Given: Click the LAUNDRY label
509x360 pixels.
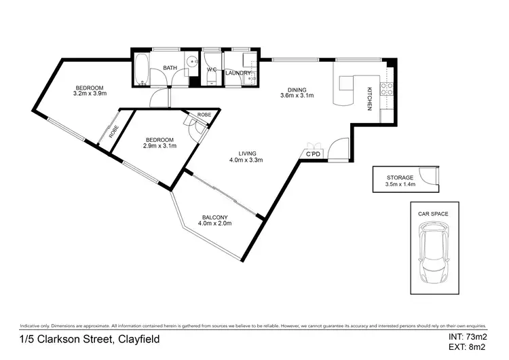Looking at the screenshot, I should tap(238, 73).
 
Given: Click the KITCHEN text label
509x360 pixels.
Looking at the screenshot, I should tap(370, 99).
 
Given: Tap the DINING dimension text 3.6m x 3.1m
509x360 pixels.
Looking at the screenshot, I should tap(297, 96).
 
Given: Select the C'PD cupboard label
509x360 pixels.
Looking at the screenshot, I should tap(313, 156).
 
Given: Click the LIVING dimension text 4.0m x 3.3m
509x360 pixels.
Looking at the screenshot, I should tap(246, 160).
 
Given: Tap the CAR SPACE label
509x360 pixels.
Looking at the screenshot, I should tap(433, 213).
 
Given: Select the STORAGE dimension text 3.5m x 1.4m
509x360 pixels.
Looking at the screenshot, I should tap(400, 184).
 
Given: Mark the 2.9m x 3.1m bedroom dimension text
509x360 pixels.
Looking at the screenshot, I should tap(159, 145).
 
